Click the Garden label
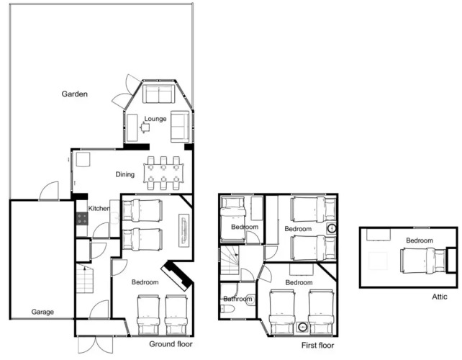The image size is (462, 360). pyautogui.click(x=75, y=94)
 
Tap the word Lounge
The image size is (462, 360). pyautogui.click(x=155, y=119)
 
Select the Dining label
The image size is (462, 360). pyautogui.click(x=125, y=174)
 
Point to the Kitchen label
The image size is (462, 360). pyautogui.click(x=99, y=209)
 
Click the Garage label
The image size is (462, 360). pyautogui.click(x=42, y=312)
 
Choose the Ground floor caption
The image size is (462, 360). pyautogui.click(x=171, y=344)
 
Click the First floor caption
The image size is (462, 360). pyautogui.click(x=317, y=346)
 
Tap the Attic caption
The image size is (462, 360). pyautogui.click(x=440, y=297)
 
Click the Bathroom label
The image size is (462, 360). pyautogui.click(x=237, y=299)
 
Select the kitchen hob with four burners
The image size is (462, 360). pyautogui.click(x=82, y=219)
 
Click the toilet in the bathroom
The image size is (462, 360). pyautogui.click(x=227, y=309)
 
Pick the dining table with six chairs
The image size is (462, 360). pyautogui.click(x=163, y=173)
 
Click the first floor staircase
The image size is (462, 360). pyautogui.click(x=230, y=261)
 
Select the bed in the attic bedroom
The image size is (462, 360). pyautogui.click(x=423, y=261)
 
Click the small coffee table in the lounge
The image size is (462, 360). pyautogui.click(x=145, y=127)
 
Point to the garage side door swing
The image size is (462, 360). pyautogui.click(x=49, y=191)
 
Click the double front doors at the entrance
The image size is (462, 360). pyautogui.click(x=96, y=344)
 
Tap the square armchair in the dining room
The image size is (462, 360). pyautogui.click(x=83, y=160)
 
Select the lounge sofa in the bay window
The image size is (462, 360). pyautogui.click(x=158, y=94)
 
